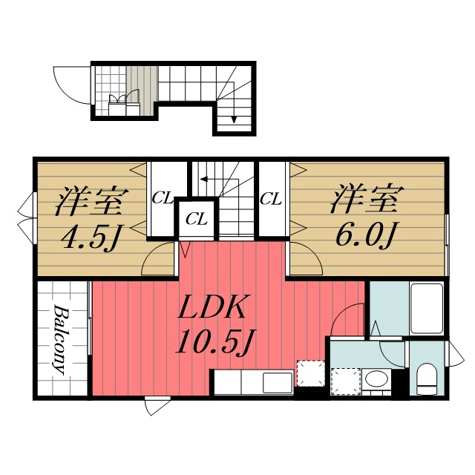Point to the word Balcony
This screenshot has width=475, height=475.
59,340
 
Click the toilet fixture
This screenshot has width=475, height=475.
426,379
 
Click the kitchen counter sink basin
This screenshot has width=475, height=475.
277,383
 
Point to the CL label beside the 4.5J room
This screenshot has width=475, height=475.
163,198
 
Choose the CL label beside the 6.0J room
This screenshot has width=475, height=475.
270,199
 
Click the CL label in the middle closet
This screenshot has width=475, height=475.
197,218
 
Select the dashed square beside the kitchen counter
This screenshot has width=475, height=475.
311,373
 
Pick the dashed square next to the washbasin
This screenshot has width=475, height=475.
346,381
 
